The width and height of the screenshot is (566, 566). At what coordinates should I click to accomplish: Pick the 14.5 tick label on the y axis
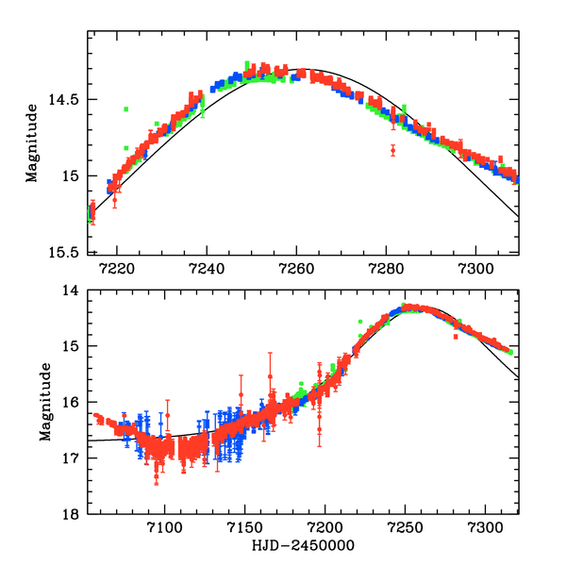(66, 99)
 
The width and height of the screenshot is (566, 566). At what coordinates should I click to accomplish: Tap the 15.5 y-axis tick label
(66, 252)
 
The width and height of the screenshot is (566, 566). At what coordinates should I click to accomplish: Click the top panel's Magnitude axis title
(31, 141)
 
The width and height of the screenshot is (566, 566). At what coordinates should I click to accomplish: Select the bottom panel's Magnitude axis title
(43, 401)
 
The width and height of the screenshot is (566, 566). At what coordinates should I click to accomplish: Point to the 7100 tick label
(165, 527)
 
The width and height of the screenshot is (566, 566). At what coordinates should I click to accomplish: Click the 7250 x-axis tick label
(406, 527)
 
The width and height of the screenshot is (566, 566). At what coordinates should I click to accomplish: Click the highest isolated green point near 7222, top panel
(125, 109)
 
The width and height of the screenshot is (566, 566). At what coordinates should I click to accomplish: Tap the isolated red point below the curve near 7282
(393, 149)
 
